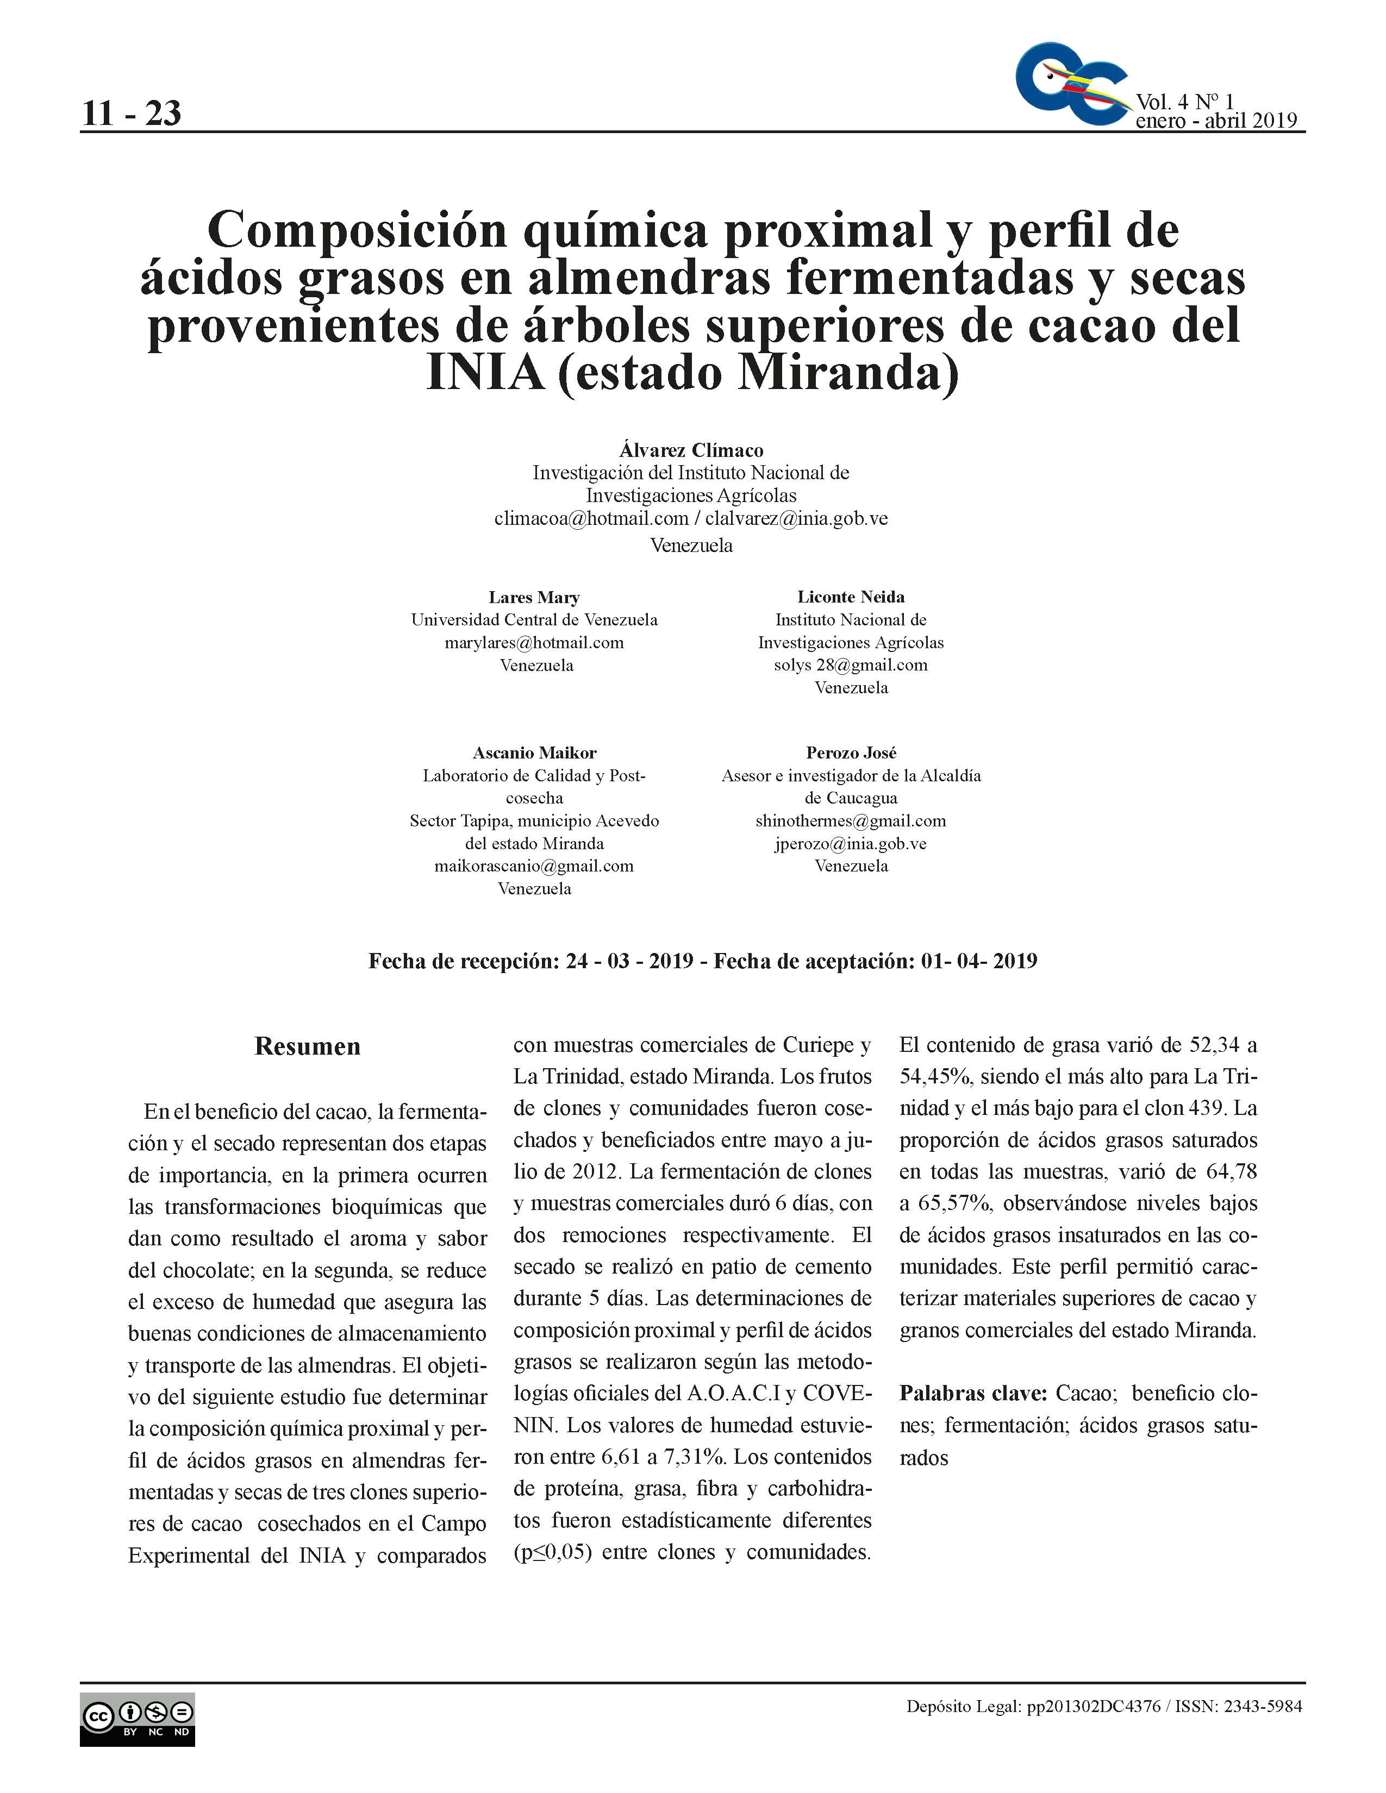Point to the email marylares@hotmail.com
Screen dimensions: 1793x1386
click(x=534, y=643)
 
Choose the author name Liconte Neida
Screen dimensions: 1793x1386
click(x=851, y=597)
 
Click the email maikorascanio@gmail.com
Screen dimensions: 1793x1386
click(x=534, y=866)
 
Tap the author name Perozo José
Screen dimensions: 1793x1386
click(x=851, y=753)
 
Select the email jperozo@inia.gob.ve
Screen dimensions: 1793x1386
click(x=851, y=844)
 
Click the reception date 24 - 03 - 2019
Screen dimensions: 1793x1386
click(x=629, y=961)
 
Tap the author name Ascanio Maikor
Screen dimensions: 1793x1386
click(x=534, y=753)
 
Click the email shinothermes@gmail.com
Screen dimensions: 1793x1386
click(x=851, y=821)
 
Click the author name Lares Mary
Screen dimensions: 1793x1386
click(x=534, y=597)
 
